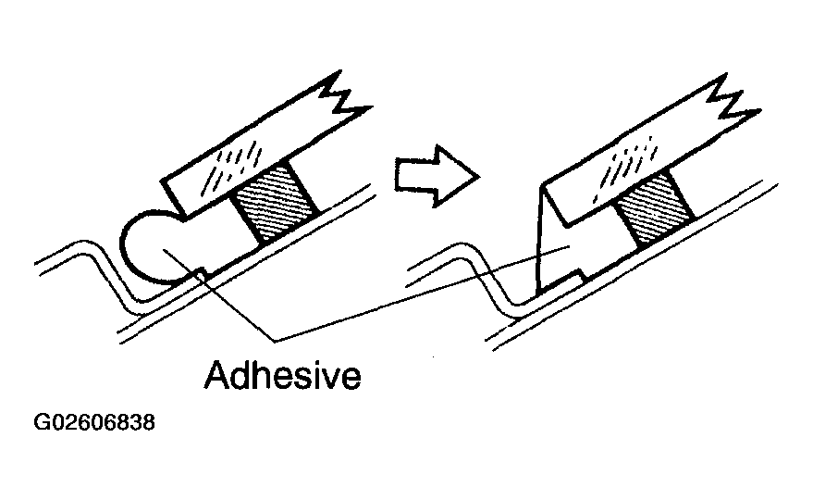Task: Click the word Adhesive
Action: click(282, 377)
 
